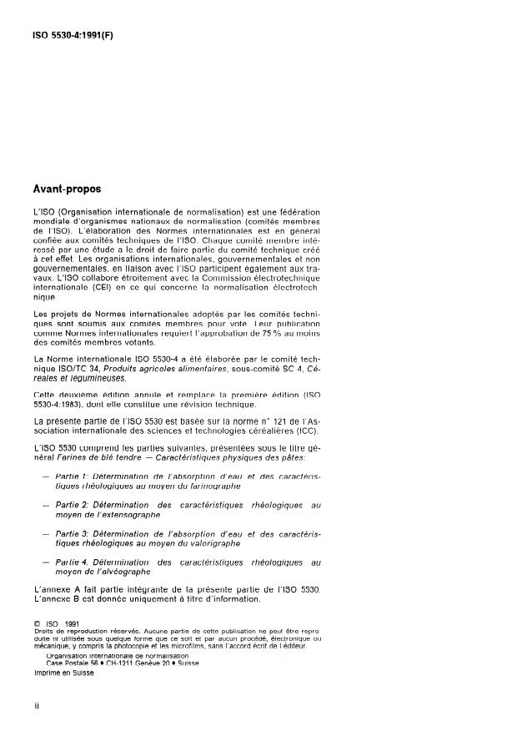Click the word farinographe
(x=192, y=485)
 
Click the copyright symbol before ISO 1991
(x=37, y=622)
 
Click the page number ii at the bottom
(x=37, y=707)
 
